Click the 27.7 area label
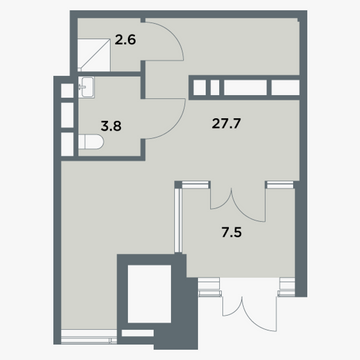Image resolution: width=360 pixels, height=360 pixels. pyautogui.click(x=226, y=124)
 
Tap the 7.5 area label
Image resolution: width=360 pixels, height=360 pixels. pyautogui.click(x=232, y=232)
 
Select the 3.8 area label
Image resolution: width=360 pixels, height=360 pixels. pyautogui.click(x=111, y=126)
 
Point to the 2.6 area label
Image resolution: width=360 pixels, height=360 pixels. pyautogui.click(x=125, y=40)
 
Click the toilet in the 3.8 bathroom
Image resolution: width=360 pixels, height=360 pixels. pyautogui.click(x=91, y=142)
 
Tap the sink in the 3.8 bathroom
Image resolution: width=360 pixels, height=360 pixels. pyautogui.click(x=86, y=87)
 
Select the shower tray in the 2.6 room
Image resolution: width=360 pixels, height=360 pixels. pyautogui.click(x=94, y=54)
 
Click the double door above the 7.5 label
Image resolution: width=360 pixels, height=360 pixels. pyautogui.click(x=238, y=204)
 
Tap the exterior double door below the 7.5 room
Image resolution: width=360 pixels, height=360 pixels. pyautogui.click(x=250, y=312)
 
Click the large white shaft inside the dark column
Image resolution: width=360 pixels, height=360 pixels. pyautogui.click(x=149, y=294)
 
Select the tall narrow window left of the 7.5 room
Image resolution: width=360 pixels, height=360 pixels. pyautogui.click(x=179, y=220)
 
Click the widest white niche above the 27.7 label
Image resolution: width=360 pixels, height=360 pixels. pyautogui.click(x=245, y=88)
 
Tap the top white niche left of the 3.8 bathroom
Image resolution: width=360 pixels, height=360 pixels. pyautogui.click(x=67, y=90)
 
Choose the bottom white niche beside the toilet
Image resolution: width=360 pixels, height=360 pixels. pyautogui.click(x=67, y=144)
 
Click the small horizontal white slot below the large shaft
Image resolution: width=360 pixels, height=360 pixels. pyautogui.click(x=138, y=333)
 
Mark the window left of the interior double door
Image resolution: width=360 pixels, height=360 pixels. pyautogui.click(x=196, y=185)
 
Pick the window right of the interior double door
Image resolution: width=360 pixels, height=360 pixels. pyautogui.click(x=280, y=185)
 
